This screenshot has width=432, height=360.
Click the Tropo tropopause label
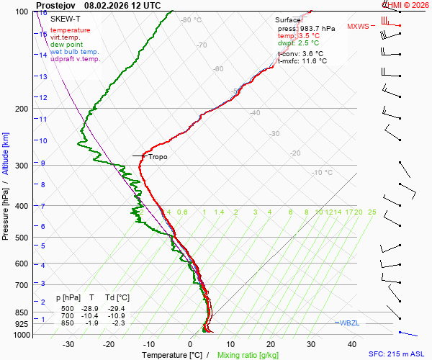tap(158, 156)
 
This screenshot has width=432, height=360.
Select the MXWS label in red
tap(358, 27)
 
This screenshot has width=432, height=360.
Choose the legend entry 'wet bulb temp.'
tap(75, 52)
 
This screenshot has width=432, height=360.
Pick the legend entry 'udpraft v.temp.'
tap(75, 59)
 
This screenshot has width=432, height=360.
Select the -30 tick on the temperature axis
tap(68, 344)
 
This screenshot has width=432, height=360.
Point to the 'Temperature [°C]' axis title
tap(172, 355)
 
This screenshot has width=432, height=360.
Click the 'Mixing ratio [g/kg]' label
tap(248, 355)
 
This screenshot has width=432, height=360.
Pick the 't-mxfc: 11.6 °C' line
tap(302, 61)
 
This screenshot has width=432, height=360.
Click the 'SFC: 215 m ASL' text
tap(399, 354)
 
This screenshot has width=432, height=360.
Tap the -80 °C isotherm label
tap(192, 20)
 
